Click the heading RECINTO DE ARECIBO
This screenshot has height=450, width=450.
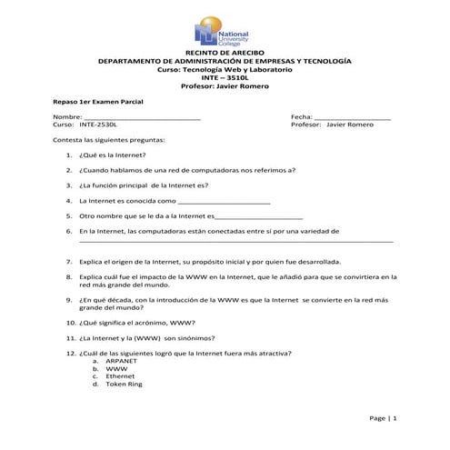tap(224, 53)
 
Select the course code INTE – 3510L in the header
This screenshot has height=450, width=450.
tap(224, 77)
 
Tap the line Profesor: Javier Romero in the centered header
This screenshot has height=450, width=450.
tap(224, 85)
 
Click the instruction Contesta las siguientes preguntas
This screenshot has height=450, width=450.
tap(109, 141)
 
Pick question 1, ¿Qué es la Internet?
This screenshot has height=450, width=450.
tap(113, 155)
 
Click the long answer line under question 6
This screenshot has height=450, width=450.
tap(236, 242)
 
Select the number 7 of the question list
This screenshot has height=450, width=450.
tap(70, 261)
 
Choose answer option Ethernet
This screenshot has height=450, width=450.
tap(121, 375)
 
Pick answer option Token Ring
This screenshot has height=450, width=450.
tap(125, 384)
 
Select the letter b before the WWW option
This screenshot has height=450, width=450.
tap(95, 368)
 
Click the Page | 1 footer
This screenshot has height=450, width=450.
tap(383, 417)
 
